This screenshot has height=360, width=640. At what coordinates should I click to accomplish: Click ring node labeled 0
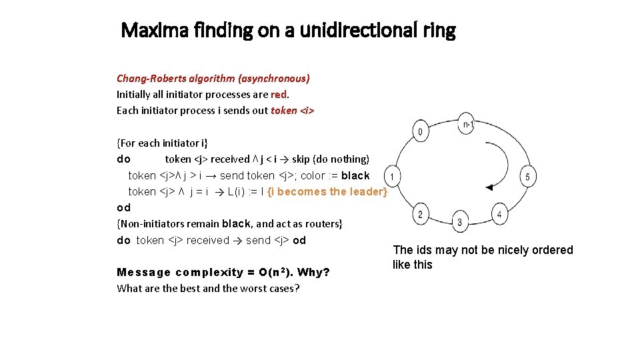click(420, 131)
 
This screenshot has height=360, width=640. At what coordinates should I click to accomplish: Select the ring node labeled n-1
click(467, 123)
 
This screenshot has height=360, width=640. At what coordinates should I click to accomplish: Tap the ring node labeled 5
click(527, 177)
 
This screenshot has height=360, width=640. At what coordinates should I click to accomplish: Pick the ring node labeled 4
click(499, 214)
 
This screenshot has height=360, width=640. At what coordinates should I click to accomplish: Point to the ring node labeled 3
click(459, 221)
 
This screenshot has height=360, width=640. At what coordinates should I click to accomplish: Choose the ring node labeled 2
click(420, 214)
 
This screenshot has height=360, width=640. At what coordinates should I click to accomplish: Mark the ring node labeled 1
click(393, 177)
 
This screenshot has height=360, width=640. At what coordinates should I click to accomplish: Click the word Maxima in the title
click(150, 30)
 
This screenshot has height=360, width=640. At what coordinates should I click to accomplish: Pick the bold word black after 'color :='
click(355, 175)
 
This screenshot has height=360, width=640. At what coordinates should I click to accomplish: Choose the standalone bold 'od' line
click(123, 207)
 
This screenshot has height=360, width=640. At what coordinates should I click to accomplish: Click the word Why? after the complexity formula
click(313, 272)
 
